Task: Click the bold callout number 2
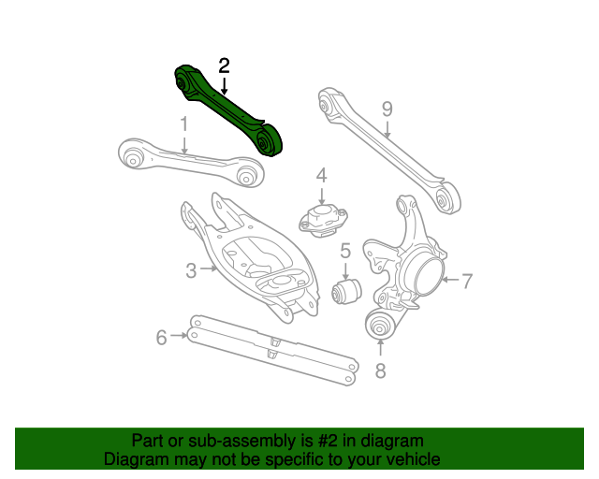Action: (x=224, y=65)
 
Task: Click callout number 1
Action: (x=184, y=123)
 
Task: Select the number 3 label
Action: (x=191, y=270)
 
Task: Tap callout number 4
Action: (x=321, y=175)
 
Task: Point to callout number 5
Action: (x=345, y=250)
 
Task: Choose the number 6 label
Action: (x=161, y=336)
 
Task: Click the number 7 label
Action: (x=468, y=279)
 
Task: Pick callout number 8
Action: (x=380, y=370)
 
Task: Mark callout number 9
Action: (x=387, y=109)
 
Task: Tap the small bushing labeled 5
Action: (x=347, y=291)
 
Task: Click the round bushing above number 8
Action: (x=380, y=327)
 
